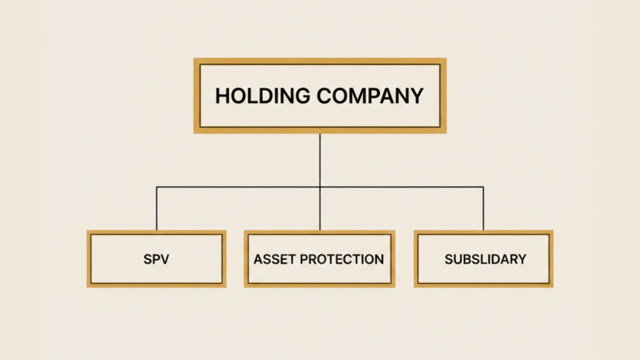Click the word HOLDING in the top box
coord(262,96)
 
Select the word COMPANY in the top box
coord(370,96)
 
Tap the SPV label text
coord(156,259)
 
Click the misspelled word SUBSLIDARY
coord(485,259)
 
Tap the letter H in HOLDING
coord(222,96)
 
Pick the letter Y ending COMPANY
coord(416,96)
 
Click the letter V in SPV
coord(164,259)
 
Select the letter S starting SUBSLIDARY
coord(449,259)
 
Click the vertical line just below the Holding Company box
coord(320,160)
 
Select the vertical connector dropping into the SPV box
coord(157,209)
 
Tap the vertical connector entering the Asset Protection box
coord(320,209)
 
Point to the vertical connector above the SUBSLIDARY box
coord(484,209)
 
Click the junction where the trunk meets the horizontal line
coord(320,187)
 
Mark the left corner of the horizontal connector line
coord(157,187)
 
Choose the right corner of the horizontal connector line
coord(484,187)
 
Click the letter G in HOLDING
coord(302,96)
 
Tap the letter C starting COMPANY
coord(325,96)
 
